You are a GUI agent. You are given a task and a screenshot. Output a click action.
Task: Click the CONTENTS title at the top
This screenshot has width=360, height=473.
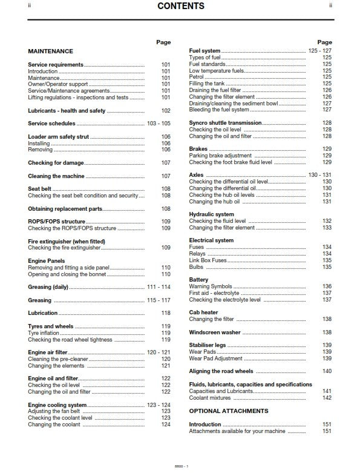tap(180, 7)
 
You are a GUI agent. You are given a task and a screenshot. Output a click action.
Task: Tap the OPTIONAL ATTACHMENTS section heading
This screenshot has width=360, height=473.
tap(228, 411)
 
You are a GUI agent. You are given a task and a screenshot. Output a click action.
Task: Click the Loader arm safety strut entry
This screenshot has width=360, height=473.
tap(58, 137)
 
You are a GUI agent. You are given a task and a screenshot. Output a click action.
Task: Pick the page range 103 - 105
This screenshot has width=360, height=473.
tap(159, 124)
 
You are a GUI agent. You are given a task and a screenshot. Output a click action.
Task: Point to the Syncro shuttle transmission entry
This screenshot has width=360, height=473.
tap(225, 123)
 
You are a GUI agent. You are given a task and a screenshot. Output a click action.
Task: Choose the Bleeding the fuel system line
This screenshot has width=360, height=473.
tap(218, 110)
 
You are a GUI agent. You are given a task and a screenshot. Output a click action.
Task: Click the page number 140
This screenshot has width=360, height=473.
tap(327, 371)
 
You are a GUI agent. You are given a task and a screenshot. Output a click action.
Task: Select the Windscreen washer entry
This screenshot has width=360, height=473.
tap(214, 332)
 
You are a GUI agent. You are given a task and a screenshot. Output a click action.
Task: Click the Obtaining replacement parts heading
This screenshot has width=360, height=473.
tap(65, 208)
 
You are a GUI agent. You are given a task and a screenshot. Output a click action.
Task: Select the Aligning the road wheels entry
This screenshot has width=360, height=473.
tap(221, 371)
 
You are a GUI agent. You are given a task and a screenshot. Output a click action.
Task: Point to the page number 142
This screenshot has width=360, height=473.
tap(327, 398)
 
